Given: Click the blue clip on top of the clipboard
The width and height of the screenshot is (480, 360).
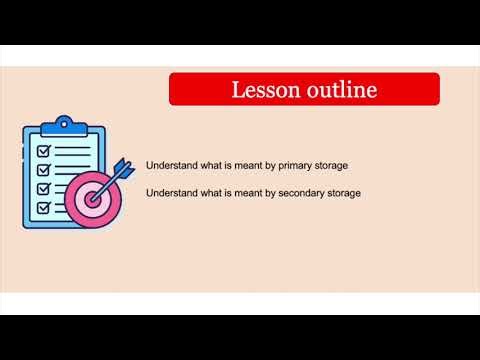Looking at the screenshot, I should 64,125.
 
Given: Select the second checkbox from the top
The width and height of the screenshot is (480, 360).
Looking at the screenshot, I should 44,170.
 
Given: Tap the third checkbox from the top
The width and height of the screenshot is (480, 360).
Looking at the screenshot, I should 44,188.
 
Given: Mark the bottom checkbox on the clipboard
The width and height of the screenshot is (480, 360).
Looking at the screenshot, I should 44,207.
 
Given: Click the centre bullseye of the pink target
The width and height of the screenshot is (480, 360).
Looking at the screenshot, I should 95,198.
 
